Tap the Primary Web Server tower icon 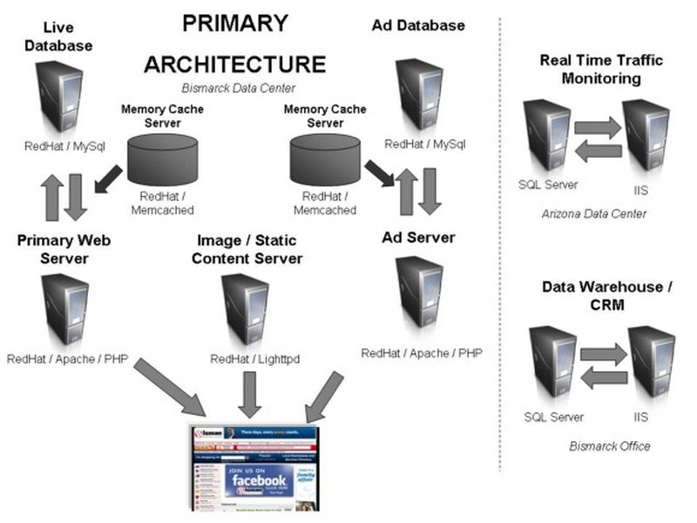[x=63, y=310]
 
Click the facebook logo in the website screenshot [x=258, y=479]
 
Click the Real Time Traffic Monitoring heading [x=601, y=69]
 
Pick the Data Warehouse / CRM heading [x=595, y=295]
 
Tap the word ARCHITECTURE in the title [x=235, y=64]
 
